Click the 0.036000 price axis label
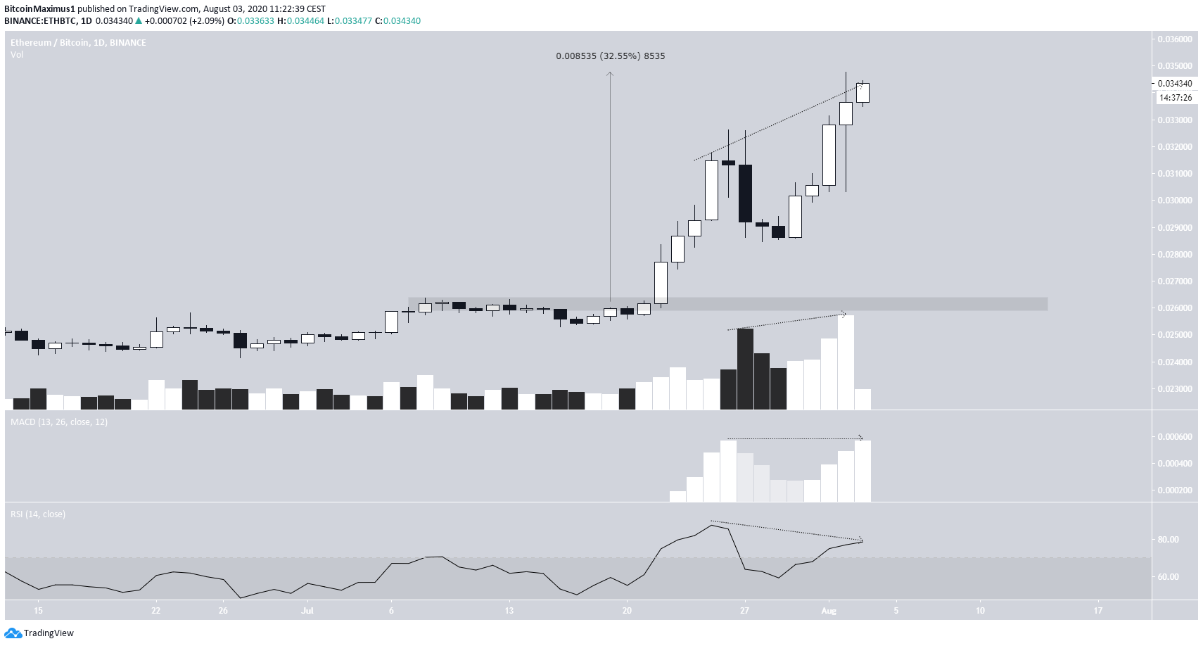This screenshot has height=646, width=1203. click(1175, 39)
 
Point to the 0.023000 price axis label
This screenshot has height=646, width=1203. click(1175, 389)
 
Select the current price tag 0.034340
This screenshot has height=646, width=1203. click(1175, 84)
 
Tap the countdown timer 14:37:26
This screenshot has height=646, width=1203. click(1175, 98)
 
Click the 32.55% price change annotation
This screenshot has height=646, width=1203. click(610, 56)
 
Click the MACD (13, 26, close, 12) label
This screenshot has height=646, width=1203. click(59, 422)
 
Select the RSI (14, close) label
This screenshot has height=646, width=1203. click(38, 514)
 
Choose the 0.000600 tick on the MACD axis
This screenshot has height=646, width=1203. click(1175, 437)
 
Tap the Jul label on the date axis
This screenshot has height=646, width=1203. click(307, 611)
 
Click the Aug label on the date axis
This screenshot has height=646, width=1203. click(829, 611)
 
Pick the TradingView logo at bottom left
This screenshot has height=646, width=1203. click(39, 633)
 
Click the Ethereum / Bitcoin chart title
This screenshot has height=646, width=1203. click(78, 43)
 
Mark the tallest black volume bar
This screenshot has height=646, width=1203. click(745, 369)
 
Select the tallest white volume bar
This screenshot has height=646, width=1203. click(846, 362)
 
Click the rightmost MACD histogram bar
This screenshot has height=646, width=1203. click(863, 471)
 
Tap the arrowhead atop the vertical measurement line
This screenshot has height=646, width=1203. click(610, 73)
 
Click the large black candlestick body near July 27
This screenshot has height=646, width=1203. click(745, 194)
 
